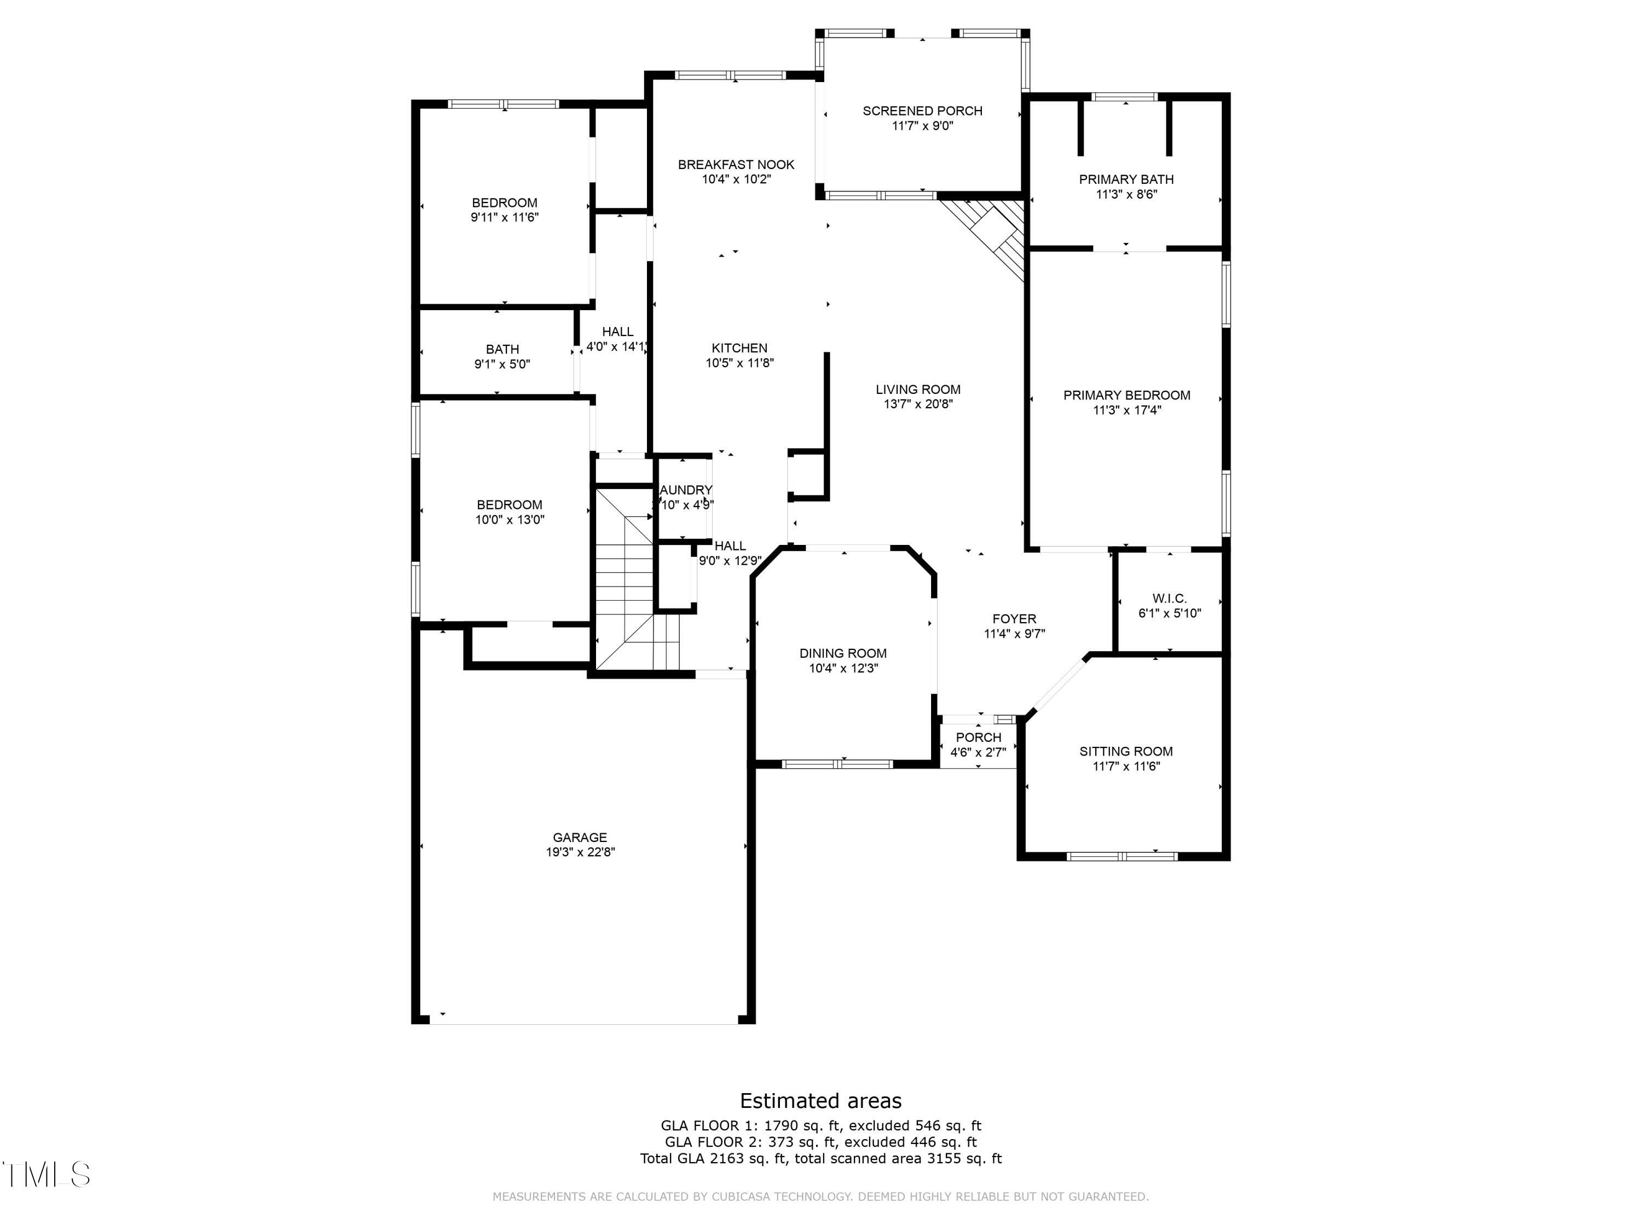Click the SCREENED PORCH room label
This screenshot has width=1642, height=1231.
922,111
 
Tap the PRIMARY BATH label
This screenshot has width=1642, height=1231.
1126,179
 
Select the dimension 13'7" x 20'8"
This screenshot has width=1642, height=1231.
917,404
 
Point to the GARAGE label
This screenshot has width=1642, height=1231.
580,837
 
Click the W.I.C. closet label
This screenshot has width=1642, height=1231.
1169,598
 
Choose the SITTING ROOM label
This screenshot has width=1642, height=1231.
1125,751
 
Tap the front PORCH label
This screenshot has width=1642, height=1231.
978,737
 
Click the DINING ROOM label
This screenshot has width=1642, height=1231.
842,653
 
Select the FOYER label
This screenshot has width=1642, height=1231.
1014,619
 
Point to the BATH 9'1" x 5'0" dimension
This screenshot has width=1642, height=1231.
502,364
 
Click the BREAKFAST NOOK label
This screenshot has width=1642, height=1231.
736,165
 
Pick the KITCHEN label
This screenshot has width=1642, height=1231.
739,348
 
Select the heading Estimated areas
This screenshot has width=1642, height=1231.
820,1100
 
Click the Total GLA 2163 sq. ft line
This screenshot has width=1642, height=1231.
820,1158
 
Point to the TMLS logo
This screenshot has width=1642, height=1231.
46,1175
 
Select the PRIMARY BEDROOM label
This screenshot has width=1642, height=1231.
1126,396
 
